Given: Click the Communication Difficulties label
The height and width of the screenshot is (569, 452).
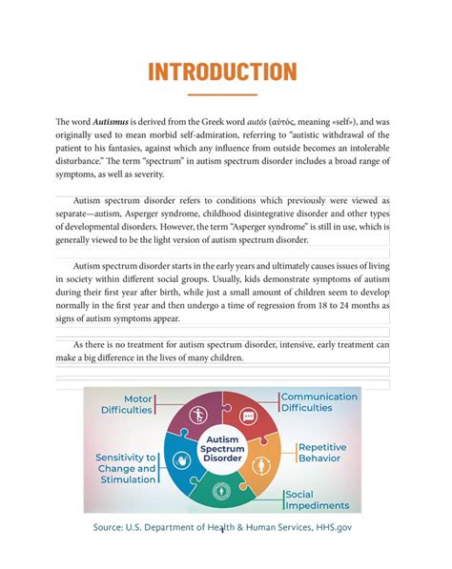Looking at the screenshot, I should point(319,401).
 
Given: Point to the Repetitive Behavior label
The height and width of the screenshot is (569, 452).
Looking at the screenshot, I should point(328,452).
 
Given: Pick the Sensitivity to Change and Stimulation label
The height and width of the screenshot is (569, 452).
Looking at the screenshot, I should point(125,468).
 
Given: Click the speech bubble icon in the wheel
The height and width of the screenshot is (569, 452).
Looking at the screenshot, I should point(248,416).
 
